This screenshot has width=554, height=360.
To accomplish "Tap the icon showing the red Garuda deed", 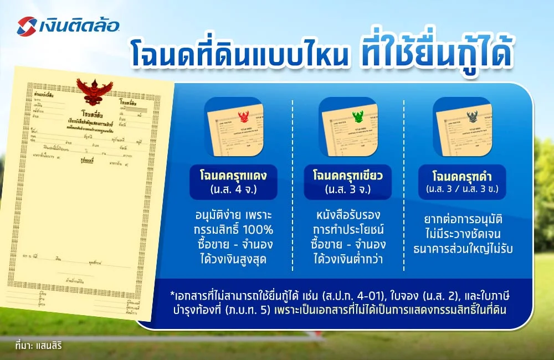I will (x=234, y=126).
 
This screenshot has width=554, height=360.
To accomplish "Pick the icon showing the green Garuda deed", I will (x=348, y=126).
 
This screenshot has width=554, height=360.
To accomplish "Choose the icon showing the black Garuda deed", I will (x=461, y=126).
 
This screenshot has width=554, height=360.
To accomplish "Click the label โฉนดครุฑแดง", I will (x=234, y=176).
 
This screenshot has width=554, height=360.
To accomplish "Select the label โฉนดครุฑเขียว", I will (x=348, y=176).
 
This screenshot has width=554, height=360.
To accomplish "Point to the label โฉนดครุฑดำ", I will (x=461, y=177).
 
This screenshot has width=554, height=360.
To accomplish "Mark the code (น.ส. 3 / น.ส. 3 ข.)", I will (x=461, y=189).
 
